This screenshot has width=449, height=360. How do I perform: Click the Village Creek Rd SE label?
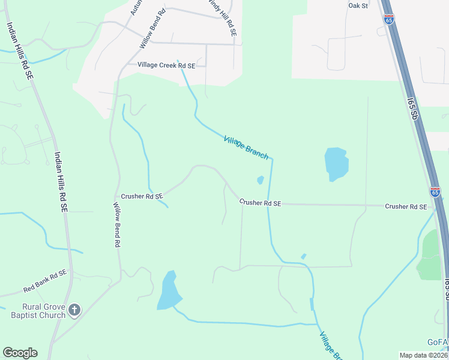(x=166, y=65)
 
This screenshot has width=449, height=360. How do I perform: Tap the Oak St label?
(x=358, y=5)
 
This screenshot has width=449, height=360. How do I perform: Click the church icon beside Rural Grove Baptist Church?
(x=74, y=310)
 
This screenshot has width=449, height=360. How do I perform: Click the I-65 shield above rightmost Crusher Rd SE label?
(x=435, y=191)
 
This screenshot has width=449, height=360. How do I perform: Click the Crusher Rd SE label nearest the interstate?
(x=406, y=206)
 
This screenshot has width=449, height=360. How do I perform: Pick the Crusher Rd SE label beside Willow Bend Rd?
(x=142, y=196)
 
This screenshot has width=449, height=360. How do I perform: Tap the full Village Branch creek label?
(x=246, y=147)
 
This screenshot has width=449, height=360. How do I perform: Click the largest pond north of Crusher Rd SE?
(x=336, y=163)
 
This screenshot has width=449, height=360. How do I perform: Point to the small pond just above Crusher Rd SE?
(x=261, y=179)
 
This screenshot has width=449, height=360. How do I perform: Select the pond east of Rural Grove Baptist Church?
(x=169, y=292)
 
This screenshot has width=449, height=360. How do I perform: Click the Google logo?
(x=20, y=353)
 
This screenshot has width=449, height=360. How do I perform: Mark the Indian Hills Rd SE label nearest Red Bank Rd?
(x=61, y=181)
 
